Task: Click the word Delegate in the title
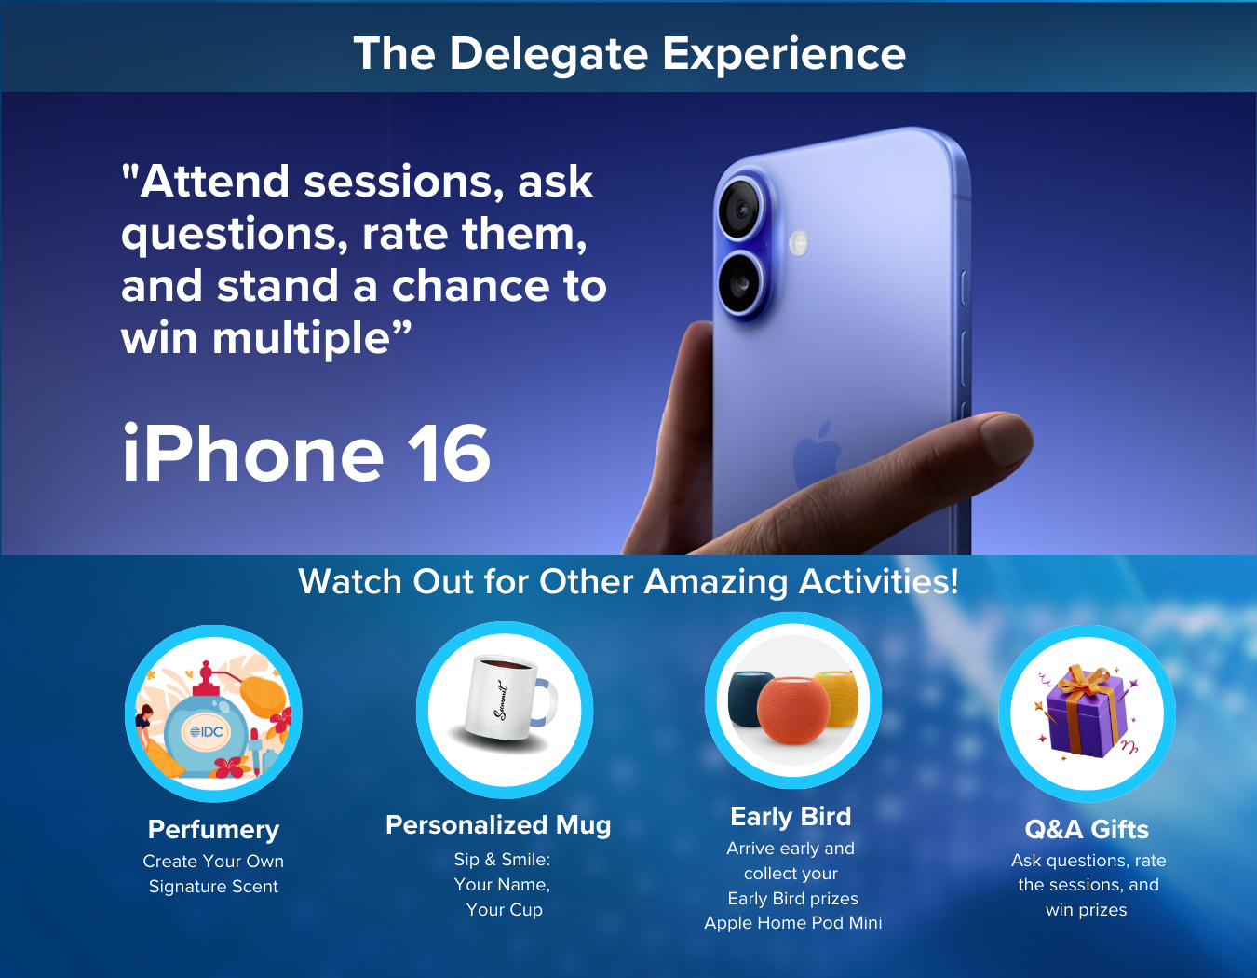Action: tap(548, 54)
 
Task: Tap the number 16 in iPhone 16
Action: tap(448, 453)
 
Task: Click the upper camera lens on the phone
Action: tap(741, 209)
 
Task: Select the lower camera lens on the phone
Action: tap(741, 284)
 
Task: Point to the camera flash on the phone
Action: tap(799, 243)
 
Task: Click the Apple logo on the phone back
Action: tap(818, 455)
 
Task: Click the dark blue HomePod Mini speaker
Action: tap(750, 698)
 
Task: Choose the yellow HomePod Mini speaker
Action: tap(836, 698)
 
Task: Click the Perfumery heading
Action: tap(213, 830)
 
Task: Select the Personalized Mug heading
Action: tap(498, 825)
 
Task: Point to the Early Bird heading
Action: tap(791, 817)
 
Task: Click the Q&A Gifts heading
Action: tap(1087, 829)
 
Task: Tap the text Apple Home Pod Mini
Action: tap(793, 922)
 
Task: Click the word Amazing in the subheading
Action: tap(715, 581)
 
